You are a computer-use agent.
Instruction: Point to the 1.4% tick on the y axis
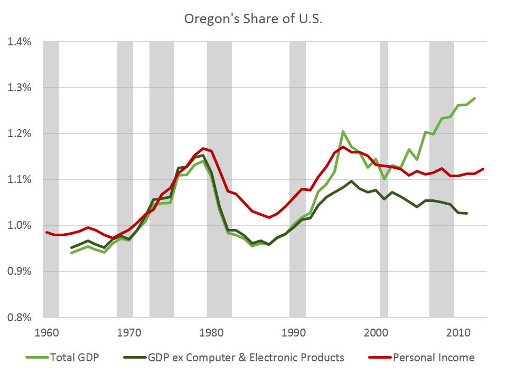(x=20, y=42)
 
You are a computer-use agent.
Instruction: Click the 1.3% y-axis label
(x=20, y=88)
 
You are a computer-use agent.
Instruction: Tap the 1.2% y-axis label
(x=20, y=133)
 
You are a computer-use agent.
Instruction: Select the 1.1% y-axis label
(x=20, y=179)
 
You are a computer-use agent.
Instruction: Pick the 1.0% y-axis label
(x=20, y=225)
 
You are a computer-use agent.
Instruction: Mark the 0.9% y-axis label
(x=20, y=271)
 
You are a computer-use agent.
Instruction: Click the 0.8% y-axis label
(x=20, y=317)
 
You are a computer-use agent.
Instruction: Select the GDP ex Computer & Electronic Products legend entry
(x=235, y=358)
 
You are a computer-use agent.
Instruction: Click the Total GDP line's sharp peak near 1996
(x=343, y=132)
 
